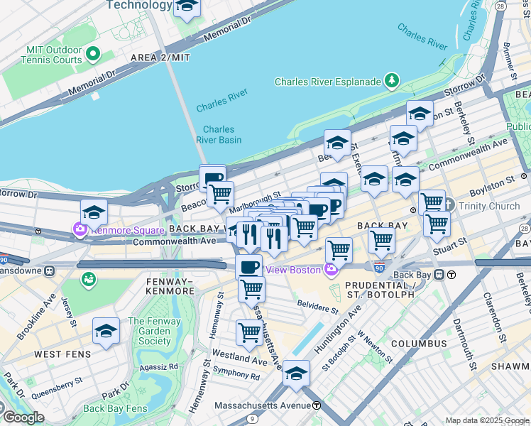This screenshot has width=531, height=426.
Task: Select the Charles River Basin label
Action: [219, 134]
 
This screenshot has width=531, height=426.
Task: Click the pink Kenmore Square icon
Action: [77, 230]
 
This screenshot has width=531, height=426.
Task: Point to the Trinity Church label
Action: [489, 207]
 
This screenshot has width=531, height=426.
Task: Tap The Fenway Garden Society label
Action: [149, 332]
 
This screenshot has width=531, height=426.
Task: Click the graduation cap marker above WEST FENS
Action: [106, 331]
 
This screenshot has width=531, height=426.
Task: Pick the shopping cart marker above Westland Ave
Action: [249, 332]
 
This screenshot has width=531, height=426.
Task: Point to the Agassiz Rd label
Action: [159, 367]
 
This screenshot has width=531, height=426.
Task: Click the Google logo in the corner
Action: [23, 417]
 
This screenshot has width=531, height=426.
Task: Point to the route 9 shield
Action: [252, 419]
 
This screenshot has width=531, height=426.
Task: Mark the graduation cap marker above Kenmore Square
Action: [93, 212]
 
